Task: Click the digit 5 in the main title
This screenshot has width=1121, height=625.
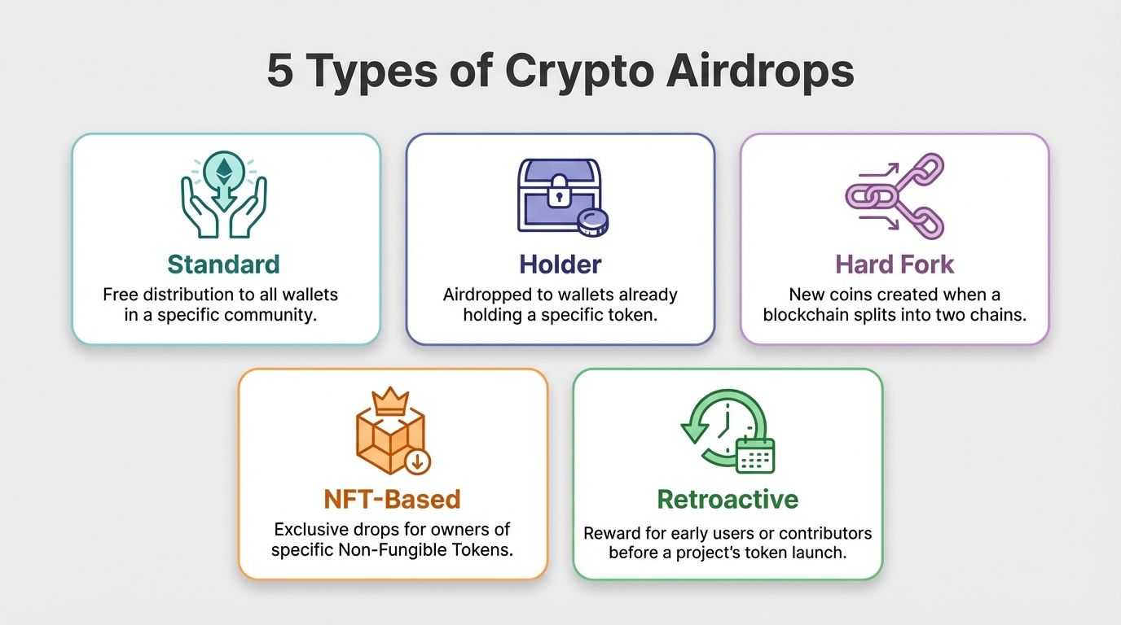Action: pos(280,72)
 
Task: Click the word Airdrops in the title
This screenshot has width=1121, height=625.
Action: pos(759,72)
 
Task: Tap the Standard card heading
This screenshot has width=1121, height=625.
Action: pos(223,264)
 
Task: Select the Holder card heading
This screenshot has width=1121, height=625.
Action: pos(560,264)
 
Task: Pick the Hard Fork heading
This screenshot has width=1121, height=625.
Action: pos(894,264)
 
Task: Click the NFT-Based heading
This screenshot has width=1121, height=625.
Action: pos(393,498)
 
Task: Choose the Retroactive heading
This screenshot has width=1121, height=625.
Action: pos(728,498)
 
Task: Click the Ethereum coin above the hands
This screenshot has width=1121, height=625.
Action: pos(223,168)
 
